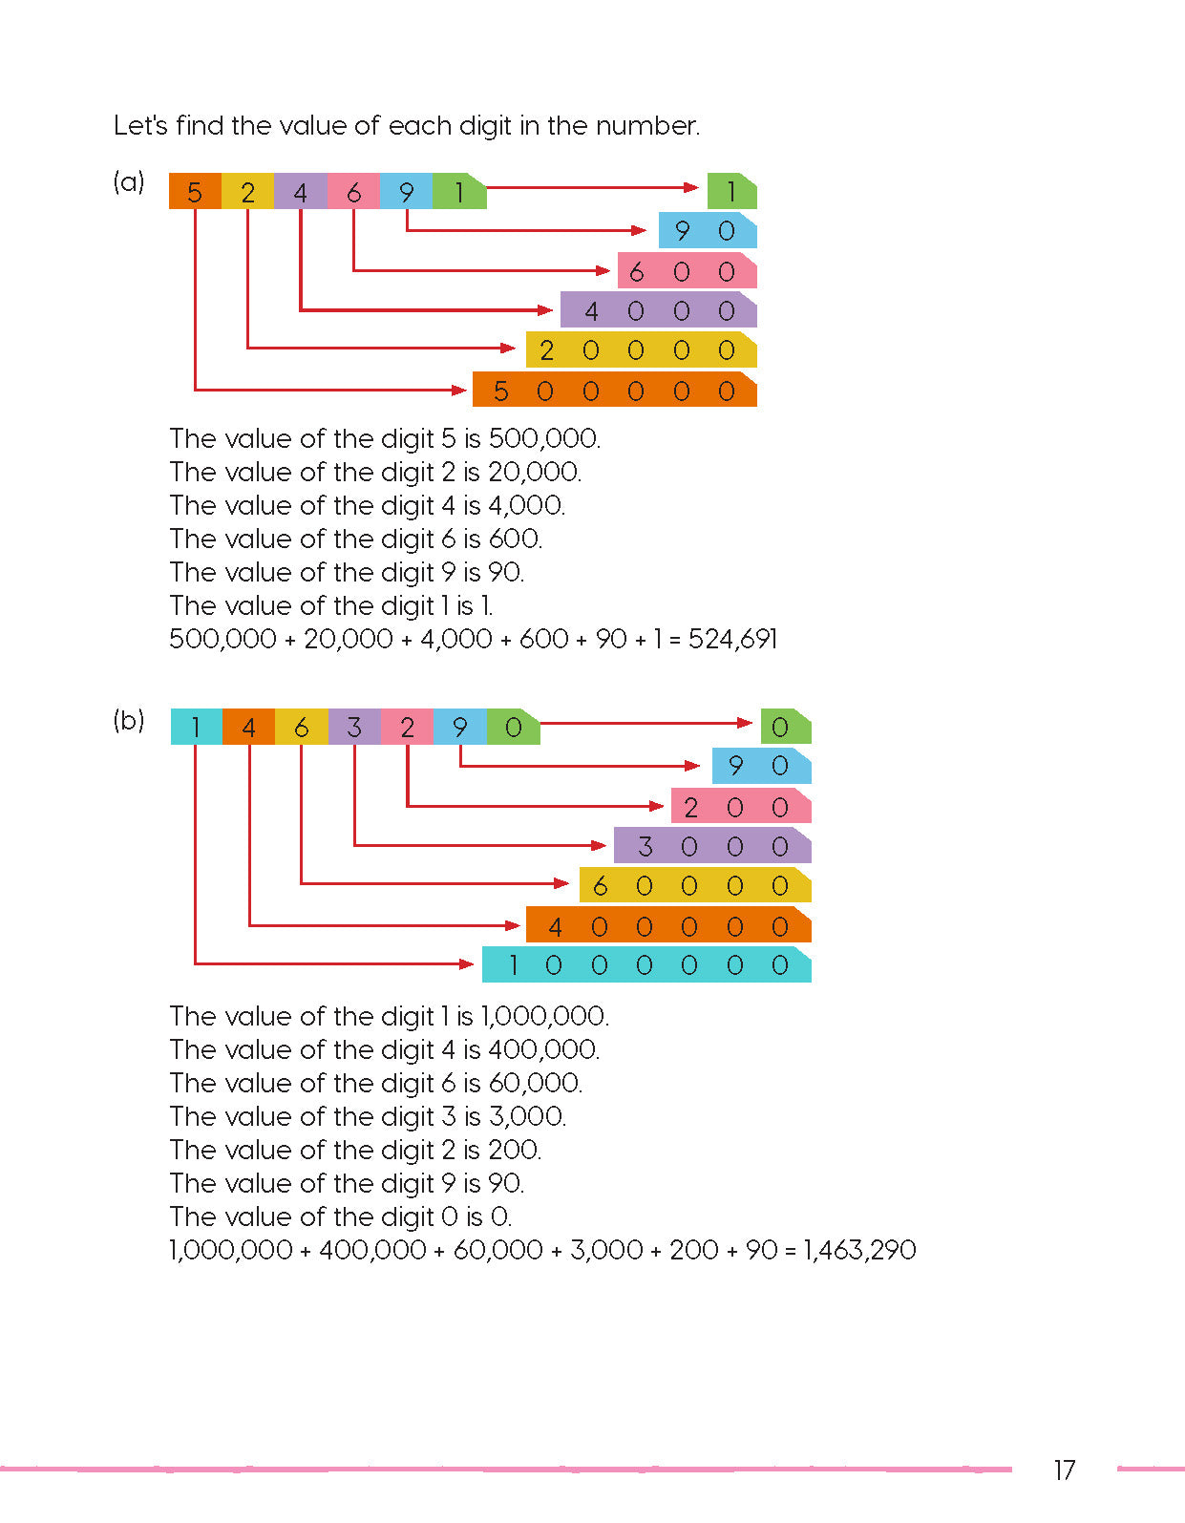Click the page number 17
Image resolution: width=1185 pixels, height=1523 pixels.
(1064, 1470)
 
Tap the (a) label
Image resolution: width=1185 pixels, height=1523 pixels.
(129, 181)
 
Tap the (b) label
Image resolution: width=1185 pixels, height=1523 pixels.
(129, 720)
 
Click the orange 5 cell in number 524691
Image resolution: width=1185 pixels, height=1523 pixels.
(195, 192)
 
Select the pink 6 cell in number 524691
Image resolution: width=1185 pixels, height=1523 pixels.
(353, 192)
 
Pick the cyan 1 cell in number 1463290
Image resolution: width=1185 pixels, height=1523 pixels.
(196, 728)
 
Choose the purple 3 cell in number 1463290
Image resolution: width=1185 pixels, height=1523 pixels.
(354, 728)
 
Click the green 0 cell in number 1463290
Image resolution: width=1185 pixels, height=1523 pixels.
(513, 728)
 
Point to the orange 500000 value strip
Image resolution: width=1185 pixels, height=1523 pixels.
(614, 391)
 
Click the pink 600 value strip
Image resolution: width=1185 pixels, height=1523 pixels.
(687, 272)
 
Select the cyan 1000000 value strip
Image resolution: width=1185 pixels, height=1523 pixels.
(646, 965)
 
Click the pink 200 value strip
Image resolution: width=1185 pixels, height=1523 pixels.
(740, 807)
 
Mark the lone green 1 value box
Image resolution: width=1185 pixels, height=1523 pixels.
(731, 192)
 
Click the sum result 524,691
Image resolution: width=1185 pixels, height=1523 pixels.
(732, 639)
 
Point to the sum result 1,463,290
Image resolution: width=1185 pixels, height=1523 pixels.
(859, 1250)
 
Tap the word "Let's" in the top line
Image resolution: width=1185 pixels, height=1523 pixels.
(141, 125)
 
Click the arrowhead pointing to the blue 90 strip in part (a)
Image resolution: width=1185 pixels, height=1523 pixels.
(640, 230)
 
